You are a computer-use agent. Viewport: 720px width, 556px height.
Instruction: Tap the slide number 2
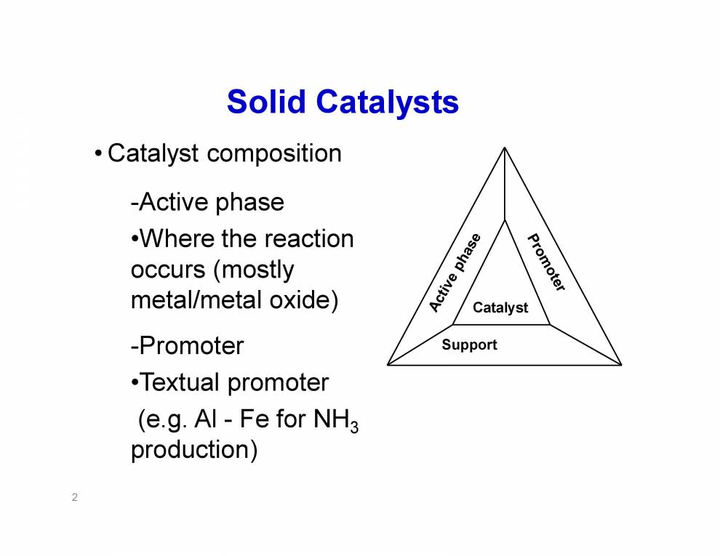click(x=75, y=498)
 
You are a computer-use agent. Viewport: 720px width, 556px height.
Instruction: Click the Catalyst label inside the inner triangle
click(x=500, y=307)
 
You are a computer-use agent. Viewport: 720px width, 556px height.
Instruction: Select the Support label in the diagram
click(x=469, y=345)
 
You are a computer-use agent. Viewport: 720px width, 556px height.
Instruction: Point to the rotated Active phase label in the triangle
click(x=455, y=273)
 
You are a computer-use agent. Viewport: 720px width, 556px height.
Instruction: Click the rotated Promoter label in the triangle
click(x=546, y=262)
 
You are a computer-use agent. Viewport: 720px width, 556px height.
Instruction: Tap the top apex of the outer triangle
click(x=504, y=148)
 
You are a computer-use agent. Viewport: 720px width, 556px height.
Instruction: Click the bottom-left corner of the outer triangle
click(x=388, y=364)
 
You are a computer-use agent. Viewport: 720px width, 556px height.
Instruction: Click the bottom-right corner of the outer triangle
click(x=620, y=364)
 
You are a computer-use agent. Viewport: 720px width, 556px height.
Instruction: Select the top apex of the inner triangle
click(x=504, y=219)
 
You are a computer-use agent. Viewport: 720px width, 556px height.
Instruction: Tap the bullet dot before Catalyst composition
click(x=98, y=154)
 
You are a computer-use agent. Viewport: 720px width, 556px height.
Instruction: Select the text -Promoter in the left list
click(x=187, y=345)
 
